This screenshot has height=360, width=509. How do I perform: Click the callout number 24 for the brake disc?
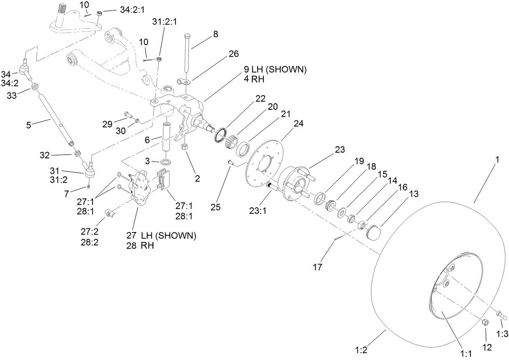point(298,124)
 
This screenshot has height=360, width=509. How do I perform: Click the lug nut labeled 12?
point(486,322)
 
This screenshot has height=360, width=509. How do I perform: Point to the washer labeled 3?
point(166,162)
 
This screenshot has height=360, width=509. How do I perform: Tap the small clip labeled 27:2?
point(108,213)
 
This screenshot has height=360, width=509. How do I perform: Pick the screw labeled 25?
point(230,162)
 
